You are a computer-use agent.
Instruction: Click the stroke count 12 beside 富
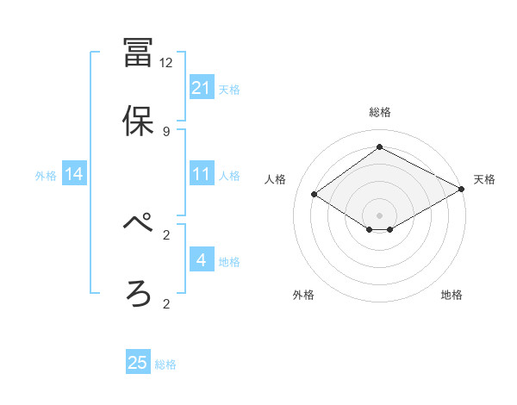166,63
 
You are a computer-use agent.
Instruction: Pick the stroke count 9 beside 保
166,131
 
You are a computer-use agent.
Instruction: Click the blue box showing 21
202,88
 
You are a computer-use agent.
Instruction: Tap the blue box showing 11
202,174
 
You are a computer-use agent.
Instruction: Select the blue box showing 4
202,260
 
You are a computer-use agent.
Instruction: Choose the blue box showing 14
74,174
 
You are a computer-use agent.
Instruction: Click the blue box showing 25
138,363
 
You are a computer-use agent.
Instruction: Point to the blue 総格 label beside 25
165,364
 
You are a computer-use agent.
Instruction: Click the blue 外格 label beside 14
46,175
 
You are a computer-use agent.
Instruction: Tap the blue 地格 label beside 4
229,261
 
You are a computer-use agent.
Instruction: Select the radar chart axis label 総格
380,112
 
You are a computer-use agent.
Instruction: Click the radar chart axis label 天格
484,179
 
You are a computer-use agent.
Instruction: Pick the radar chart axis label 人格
276,179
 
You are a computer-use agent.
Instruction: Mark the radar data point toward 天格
462,190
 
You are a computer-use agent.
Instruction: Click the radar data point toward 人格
315,195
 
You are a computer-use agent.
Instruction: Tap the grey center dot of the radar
380,215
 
